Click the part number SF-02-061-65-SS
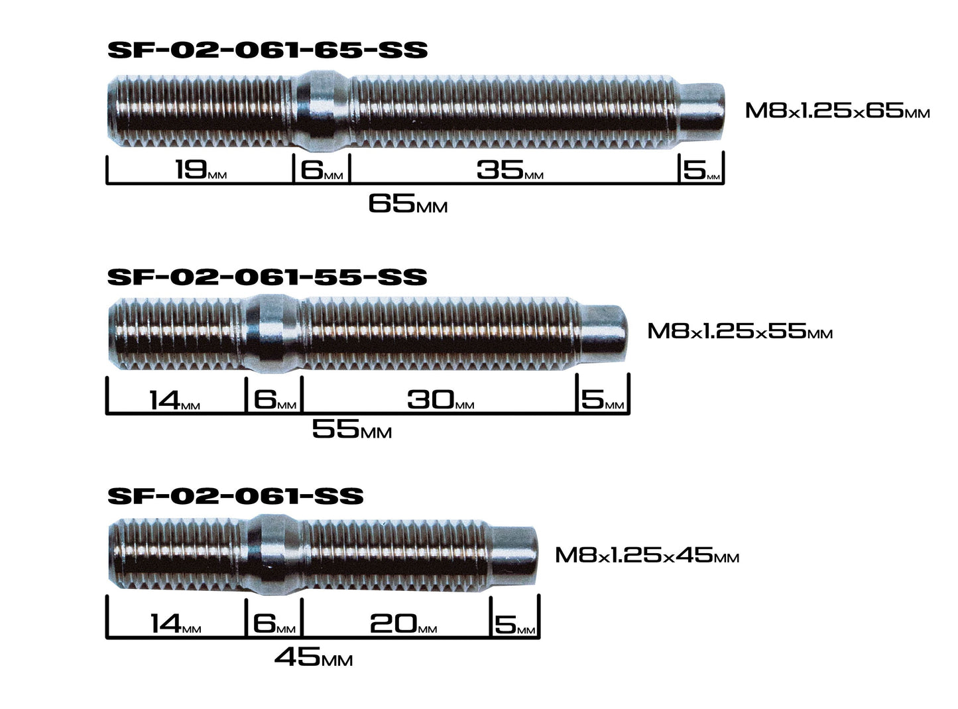pyautogui.click(x=267, y=50)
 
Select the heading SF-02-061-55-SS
pyautogui.click(x=267, y=276)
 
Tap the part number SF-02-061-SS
pyautogui.click(x=235, y=496)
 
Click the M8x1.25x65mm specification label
pyautogui.click(x=837, y=110)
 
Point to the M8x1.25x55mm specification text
pyautogui.click(x=739, y=330)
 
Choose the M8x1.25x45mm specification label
pyautogui.click(x=646, y=554)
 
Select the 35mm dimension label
pyautogui.click(x=509, y=170)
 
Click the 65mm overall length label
pyautogui.click(x=407, y=204)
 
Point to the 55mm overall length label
pyautogui.click(x=351, y=430)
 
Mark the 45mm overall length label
pyautogui.click(x=313, y=657)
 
